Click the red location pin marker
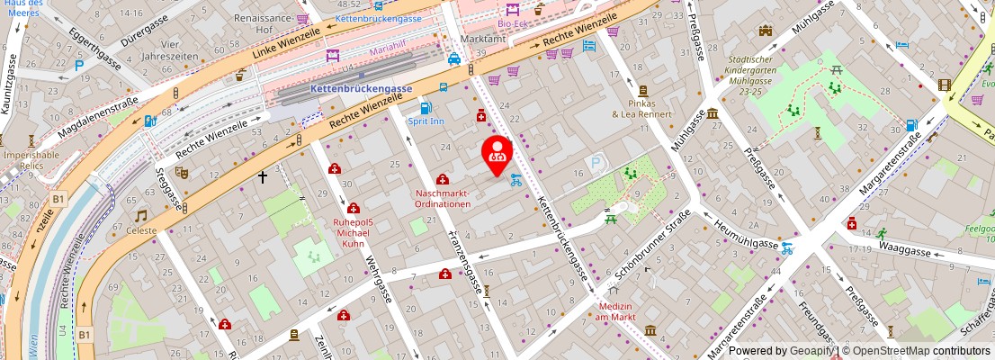497,151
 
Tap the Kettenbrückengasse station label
361,89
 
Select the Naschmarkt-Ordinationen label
443,198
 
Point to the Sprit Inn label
426,121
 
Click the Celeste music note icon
141,216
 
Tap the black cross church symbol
264,177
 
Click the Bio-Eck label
513,24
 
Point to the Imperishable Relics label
30,161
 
